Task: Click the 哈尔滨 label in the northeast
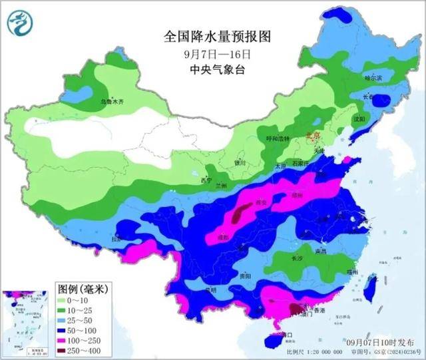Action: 373,78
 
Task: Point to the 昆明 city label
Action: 211,290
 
